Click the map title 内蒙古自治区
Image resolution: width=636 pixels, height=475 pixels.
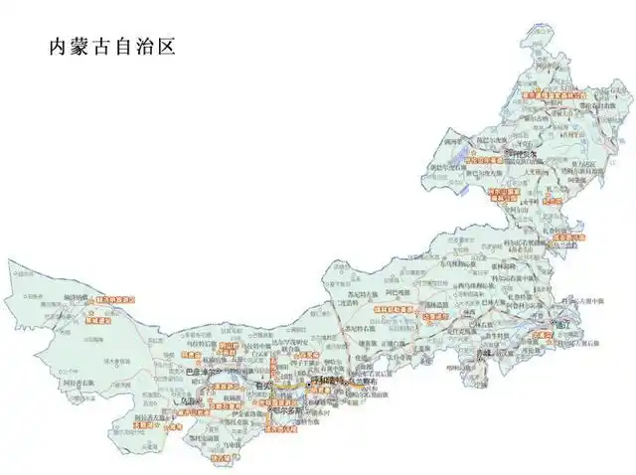pyautogui.click(x=111, y=47)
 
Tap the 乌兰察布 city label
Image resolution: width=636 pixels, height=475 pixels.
pyautogui.click(x=366, y=380)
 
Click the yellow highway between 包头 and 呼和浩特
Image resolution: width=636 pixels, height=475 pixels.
pyautogui.click(x=296, y=384)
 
